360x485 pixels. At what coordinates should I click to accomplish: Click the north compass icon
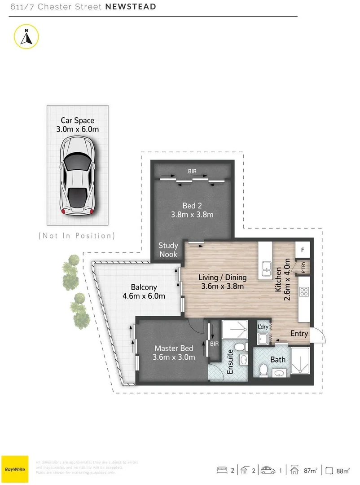pos(26,36)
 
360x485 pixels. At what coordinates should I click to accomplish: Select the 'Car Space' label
pos(77,120)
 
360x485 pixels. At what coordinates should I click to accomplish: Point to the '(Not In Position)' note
pos(77,235)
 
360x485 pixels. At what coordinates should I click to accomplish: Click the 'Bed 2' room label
pos(192,205)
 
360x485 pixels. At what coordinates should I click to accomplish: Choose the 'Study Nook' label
pos(168,250)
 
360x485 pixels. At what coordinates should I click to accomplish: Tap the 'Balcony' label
pos(144,287)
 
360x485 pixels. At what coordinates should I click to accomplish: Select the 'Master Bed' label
pos(174,348)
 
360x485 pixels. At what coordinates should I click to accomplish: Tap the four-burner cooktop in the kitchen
pos(304,291)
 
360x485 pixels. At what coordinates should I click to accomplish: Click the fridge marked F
pos(303,250)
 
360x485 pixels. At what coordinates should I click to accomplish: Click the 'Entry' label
pos(299,333)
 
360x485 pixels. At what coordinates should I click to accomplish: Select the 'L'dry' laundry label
pos(263,326)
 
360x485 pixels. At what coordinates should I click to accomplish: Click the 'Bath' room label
pos(277,359)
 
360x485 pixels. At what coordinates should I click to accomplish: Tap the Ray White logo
pos(15,469)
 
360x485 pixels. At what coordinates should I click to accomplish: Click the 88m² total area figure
pos(343,471)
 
